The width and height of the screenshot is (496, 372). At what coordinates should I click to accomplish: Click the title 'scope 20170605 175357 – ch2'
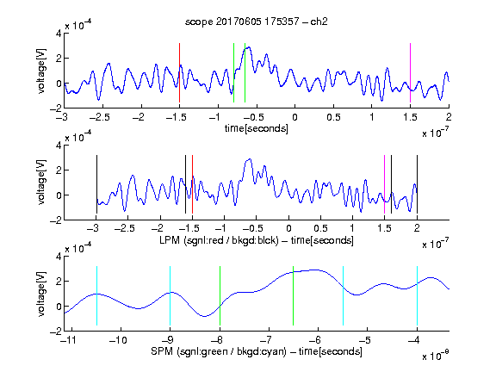point(256,22)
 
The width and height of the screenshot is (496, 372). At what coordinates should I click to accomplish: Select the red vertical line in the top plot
point(179,72)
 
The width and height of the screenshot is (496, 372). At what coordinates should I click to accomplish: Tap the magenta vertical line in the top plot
point(410,72)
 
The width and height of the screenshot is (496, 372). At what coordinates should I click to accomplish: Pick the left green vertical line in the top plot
point(233,72)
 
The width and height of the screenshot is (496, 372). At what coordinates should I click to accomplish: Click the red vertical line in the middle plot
point(192,184)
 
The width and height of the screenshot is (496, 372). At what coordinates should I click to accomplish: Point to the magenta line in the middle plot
point(384,184)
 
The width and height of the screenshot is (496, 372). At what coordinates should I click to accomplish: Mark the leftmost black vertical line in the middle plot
point(96,184)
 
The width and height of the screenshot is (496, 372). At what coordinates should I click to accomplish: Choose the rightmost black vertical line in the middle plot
point(417,184)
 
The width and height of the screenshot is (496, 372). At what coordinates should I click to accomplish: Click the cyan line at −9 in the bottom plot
point(170,295)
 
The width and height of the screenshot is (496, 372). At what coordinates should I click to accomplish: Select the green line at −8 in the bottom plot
point(220,295)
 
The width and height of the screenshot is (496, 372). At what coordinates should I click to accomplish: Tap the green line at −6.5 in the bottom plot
point(294,295)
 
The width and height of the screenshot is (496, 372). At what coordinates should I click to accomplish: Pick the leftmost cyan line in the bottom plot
point(96,295)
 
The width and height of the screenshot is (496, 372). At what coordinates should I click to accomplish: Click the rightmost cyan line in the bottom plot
point(417,295)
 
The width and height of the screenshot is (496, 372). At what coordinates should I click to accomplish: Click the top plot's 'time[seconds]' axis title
point(257,128)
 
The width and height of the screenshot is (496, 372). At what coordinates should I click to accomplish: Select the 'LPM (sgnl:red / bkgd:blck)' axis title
point(219,240)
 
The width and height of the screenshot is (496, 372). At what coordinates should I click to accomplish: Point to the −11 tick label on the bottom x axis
point(67,340)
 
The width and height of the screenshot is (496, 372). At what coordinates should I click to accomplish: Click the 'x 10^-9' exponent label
point(436,355)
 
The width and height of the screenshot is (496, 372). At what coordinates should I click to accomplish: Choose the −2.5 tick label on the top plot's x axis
point(100,117)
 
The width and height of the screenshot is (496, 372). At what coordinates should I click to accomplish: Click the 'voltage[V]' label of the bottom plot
point(41,294)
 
